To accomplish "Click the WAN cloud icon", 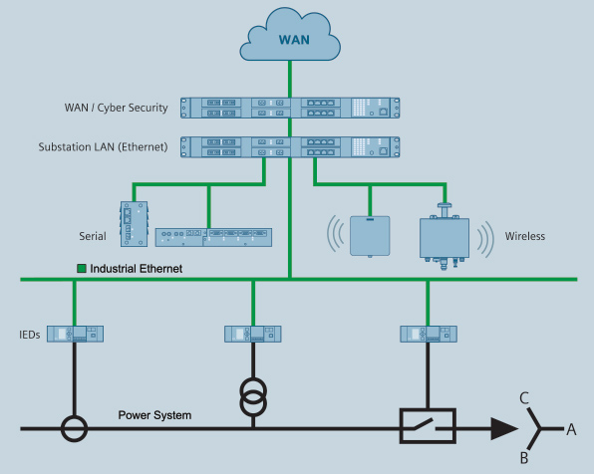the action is pos(290,35).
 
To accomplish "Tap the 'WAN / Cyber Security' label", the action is pos(116,108).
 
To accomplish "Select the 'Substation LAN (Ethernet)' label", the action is pos(103,147).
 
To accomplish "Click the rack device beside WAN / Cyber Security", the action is pos(290,108).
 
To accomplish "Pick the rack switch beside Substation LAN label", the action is pos(290,147).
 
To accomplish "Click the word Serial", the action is pos(93,236).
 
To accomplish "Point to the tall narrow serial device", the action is pos(134,224).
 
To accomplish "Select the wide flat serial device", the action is pos(213,237).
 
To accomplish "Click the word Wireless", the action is pos(525,236).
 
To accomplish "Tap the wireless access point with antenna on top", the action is pos(445,237).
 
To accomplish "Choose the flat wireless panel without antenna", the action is pos(370,236).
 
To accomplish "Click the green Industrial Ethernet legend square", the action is pos(82,269).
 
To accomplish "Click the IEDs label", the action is pos(30,335).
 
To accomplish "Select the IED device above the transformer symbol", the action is pos(253,334).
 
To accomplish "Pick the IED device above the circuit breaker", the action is pos(429,334).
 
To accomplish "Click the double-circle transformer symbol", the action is pos(253,396).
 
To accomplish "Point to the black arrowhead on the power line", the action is pos(504,429).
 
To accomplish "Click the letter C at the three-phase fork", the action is pos(524,398).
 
